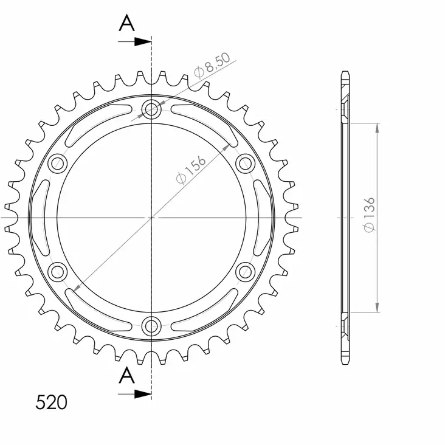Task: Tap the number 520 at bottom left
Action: tap(52, 402)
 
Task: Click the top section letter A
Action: tap(126, 23)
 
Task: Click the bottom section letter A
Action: tap(126, 375)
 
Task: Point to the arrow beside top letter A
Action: tap(142, 42)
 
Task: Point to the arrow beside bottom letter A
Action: tap(142, 394)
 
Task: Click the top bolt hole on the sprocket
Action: tap(151, 110)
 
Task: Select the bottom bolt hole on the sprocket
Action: tap(151, 325)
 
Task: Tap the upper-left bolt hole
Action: tap(58, 163)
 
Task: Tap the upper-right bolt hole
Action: tap(244, 163)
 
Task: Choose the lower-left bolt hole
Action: tap(58, 271)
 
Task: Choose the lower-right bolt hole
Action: tap(244, 271)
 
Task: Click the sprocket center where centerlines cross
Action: tap(151, 217)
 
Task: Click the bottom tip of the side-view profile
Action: tap(345, 361)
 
